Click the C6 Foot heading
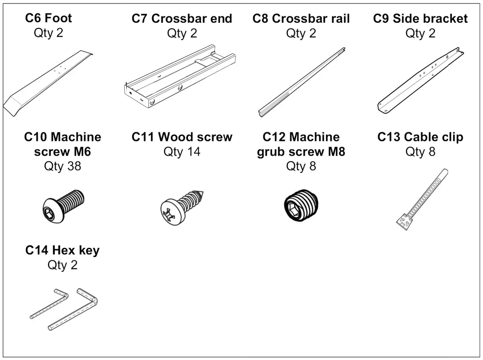click(48, 18)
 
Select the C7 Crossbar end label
click(182, 19)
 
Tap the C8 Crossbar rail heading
click(301, 19)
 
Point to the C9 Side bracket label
click(420, 19)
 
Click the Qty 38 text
click(63, 166)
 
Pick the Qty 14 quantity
click(182, 152)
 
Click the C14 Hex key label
click(63, 250)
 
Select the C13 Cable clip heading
click(420, 137)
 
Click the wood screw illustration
click(181, 206)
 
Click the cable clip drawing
click(420, 198)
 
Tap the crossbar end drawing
click(179, 77)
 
